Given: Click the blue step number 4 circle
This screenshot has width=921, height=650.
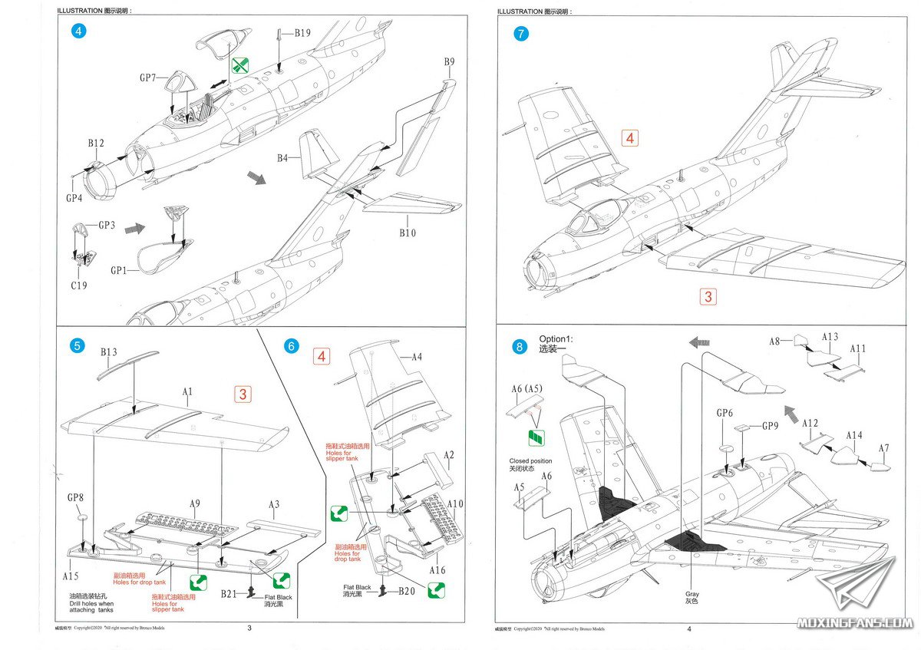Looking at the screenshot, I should pos(78,31).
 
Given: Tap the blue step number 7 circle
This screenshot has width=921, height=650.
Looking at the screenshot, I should pos(521,34).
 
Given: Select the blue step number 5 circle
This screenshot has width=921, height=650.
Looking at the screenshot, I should pos(77,346).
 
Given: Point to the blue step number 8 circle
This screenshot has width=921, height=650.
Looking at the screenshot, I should pos(520,347).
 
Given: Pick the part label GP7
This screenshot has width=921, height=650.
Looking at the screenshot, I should pos(148,78).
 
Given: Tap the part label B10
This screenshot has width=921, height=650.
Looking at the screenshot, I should pos(408,233).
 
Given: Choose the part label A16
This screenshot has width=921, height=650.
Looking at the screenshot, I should pos(437,570).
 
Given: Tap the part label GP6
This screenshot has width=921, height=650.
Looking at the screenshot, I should pos(725,413).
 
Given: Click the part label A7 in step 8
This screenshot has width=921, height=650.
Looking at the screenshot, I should pos(884,448).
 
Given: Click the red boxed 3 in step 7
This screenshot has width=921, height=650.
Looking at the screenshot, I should pos(708,296).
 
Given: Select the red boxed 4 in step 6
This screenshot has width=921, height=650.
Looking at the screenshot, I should pos(322,356).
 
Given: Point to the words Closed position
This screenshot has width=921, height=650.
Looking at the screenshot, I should pos(530,461).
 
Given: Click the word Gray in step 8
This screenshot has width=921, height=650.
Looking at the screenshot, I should pos(693,594).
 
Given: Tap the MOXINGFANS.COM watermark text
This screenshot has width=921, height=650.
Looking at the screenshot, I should pos(854,622).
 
